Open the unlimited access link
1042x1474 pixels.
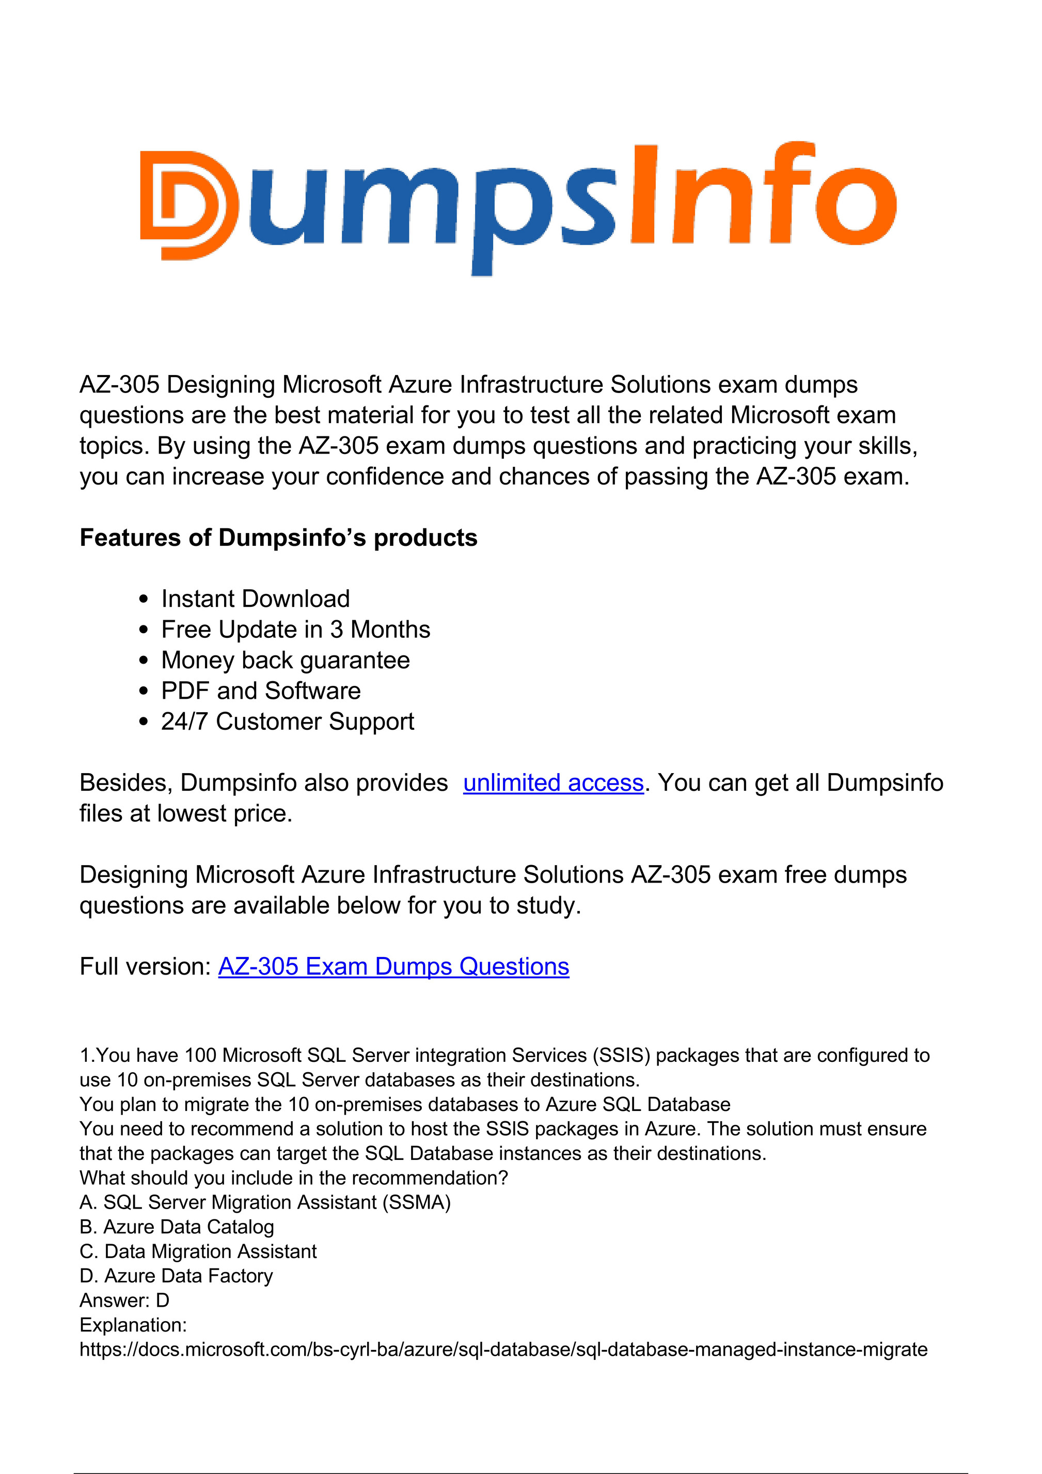(553, 782)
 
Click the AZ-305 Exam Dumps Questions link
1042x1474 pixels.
(393, 966)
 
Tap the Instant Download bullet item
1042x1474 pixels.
(255, 599)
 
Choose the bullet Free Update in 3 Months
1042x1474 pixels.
(295, 630)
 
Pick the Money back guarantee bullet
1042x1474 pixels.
(285, 660)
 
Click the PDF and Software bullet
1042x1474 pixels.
(261, 691)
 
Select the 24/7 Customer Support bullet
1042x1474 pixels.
(287, 722)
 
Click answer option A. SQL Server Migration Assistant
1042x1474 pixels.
(264, 1202)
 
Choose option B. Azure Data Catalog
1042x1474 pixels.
(177, 1227)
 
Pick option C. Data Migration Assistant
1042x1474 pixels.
(198, 1251)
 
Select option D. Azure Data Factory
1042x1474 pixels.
(176, 1276)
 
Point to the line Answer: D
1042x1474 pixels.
(124, 1300)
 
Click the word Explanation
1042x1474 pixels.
(133, 1324)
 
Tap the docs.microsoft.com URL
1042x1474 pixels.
(503, 1350)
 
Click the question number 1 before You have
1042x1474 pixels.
(84, 1056)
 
